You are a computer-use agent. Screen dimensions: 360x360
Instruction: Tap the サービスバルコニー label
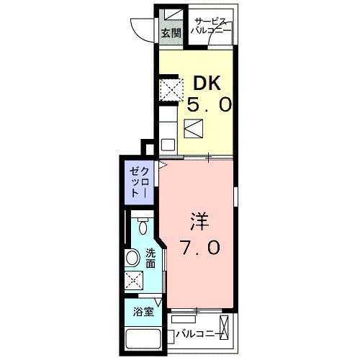[x=211, y=27]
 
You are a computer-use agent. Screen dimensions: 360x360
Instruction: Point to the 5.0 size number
[x=210, y=105]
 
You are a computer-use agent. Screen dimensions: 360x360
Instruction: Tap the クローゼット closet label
[x=139, y=184]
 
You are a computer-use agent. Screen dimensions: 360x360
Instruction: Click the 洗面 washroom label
[x=150, y=258]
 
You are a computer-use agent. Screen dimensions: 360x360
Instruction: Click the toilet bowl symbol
[x=143, y=228]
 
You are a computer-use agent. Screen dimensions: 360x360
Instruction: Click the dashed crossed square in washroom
[x=133, y=282]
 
